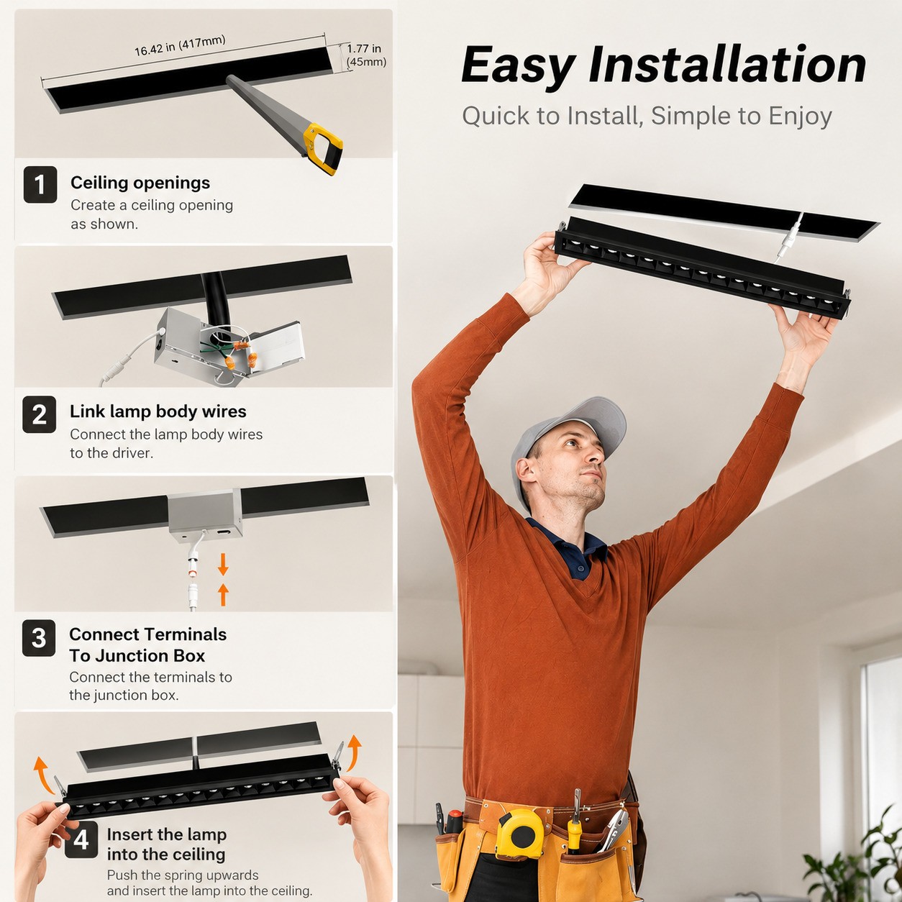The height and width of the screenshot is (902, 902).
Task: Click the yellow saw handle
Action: coord(324,149)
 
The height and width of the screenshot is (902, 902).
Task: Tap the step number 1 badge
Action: coord(40,184)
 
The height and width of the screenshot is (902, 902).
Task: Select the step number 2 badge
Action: coord(40,414)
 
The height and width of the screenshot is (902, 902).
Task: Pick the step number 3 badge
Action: coord(39,638)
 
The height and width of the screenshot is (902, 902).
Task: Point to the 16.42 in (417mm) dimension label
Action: coord(181,45)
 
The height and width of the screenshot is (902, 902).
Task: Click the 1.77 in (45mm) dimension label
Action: coord(366,55)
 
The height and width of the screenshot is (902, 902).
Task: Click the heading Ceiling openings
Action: coord(140,183)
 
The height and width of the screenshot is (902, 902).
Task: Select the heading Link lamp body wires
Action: coord(158,411)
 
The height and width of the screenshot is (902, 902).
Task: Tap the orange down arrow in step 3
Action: coord(223,564)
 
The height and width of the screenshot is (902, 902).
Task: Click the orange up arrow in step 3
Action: coord(223,594)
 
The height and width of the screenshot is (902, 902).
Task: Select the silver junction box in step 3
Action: coord(205,515)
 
